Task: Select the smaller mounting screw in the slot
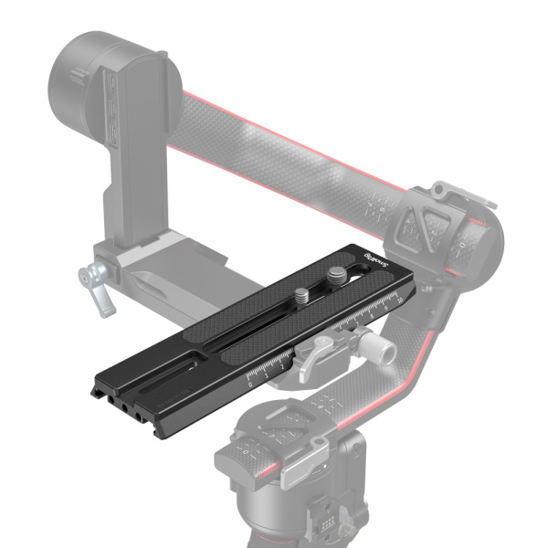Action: (300, 294)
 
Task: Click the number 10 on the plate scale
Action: (396, 300)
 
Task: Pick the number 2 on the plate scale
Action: (280, 366)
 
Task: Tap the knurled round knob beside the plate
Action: (375, 348)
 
